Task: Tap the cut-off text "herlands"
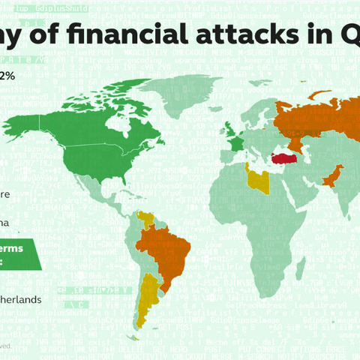(x=20, y=299)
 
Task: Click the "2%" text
(x=7, y=76)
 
